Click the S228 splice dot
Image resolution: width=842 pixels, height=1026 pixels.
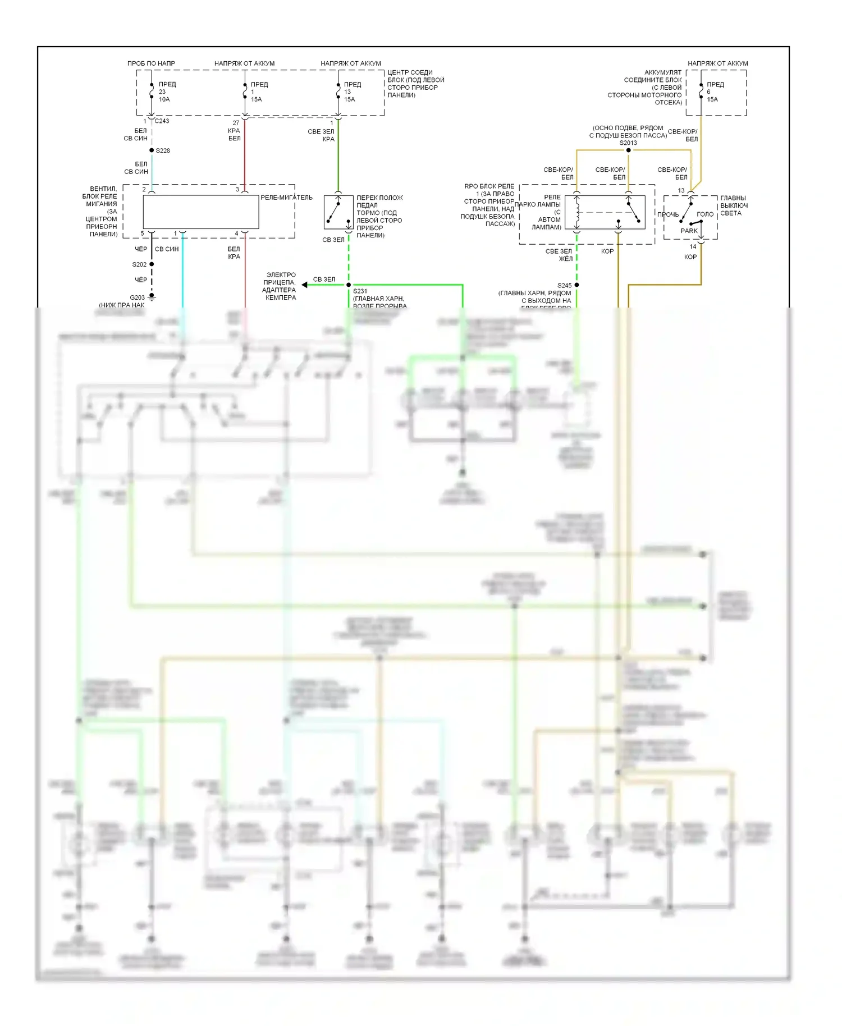point(152,150)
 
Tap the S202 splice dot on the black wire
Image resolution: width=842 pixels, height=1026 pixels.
point(152,264)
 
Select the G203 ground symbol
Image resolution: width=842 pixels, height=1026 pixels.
point(152,297)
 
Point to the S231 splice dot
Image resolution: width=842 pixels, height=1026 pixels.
point(349,285)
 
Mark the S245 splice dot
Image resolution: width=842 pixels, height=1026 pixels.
point(576,285)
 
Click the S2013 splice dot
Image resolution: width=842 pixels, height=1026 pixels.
point(628,150)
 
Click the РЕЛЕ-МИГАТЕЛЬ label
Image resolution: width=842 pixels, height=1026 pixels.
point(286,198)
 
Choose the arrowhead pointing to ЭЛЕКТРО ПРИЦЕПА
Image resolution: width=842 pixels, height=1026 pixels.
point(305,285)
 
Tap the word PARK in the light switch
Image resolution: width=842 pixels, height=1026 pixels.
point(689,231)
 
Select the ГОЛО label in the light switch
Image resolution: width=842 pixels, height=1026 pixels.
point(704,214)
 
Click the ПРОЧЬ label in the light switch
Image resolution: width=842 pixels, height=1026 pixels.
point(668,214)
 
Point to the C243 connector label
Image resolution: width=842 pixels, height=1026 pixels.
point(162,121)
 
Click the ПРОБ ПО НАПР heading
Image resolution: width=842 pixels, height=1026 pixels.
point(151,63)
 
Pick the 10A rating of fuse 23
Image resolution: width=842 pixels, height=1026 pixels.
point(164,99)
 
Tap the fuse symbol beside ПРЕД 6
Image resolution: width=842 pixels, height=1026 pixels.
point(701,91)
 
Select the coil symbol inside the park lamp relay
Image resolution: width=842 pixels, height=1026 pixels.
point(576,212)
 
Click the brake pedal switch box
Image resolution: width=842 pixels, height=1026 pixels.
point(338,212)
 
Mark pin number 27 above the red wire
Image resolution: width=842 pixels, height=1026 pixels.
point(236,123)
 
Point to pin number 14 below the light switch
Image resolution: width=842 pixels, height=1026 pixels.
point(693,246)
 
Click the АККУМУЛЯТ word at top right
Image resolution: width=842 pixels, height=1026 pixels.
point(662,72)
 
